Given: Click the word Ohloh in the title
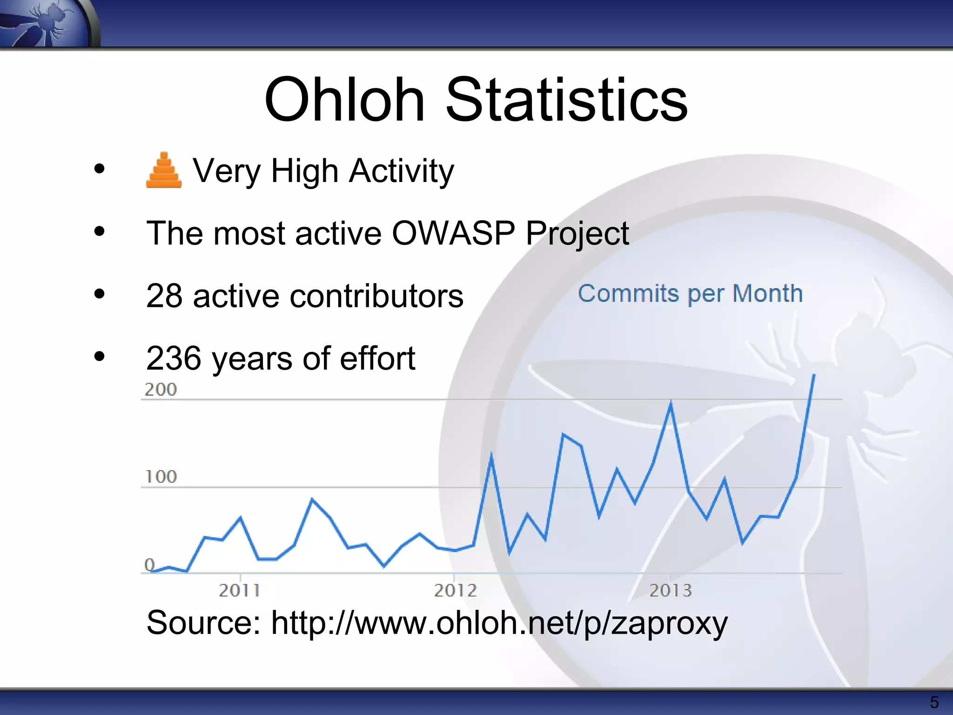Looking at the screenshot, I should point(344,100).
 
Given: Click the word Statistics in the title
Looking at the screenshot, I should point(566,100).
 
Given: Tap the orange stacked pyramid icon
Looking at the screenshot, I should point(164,170).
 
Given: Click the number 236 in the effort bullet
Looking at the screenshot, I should point(174,358).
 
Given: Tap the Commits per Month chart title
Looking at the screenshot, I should point(690,294).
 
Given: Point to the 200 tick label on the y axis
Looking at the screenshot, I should point(161,390).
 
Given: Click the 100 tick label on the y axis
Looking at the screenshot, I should point(161,477).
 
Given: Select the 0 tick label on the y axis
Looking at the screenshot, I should point(149,565).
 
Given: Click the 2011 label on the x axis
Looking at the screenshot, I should point(239,591).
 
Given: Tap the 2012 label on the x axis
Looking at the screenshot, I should point(455,591).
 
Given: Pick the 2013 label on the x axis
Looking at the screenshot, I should point(671,591).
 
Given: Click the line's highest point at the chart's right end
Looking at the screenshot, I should point(814,375).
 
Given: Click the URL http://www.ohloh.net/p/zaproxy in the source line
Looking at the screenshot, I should point(499,623).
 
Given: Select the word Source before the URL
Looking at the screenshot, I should point(203,623).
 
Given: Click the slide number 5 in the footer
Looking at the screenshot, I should point(934,702).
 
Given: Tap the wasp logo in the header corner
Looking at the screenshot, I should point(49,22).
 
